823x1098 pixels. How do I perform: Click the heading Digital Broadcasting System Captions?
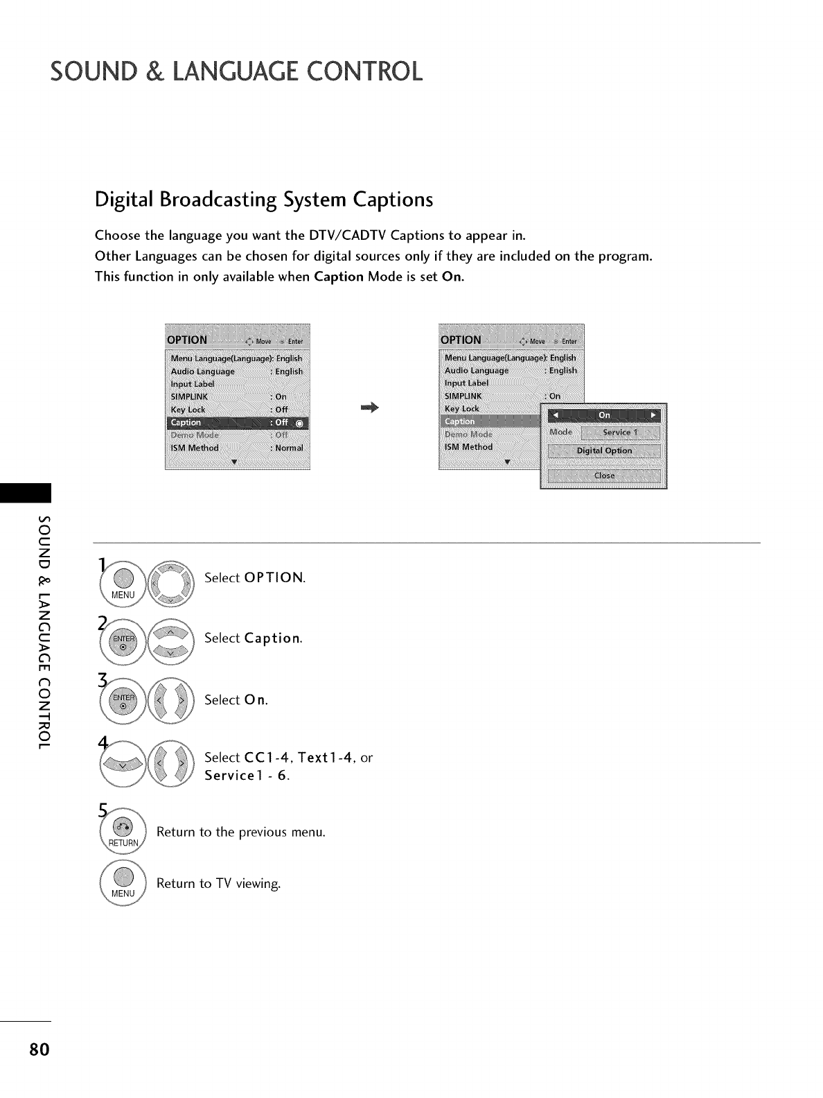pos(263,200)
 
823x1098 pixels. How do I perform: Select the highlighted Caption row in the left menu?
pos(238,423)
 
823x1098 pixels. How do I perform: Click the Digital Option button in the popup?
pos(604,451)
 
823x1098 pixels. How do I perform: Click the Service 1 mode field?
pos(621,433)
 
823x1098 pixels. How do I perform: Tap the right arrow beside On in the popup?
pos(653,415)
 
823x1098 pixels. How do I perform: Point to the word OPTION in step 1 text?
pos(274,578)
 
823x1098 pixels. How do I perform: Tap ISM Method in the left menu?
pos(195,448)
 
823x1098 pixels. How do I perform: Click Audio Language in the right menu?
pos(477,370)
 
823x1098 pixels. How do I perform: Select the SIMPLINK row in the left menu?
pos(189,397)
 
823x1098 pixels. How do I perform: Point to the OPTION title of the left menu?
pos(187,340)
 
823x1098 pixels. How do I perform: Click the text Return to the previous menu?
pos(240,831)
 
